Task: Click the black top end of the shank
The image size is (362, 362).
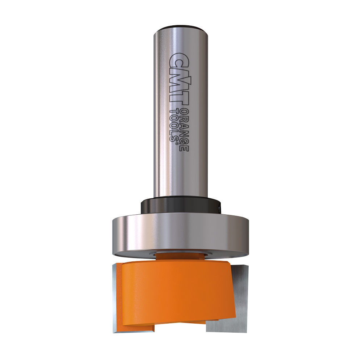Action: tap(181, 28)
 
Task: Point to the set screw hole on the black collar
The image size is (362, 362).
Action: tap(220, 208)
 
